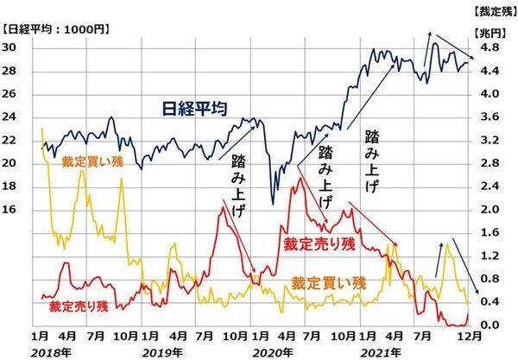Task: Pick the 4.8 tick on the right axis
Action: pyautogui.click(x=489, y=47)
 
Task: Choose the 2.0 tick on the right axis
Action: pyautogui.click(x=489, y=210)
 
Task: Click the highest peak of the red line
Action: pyautogui.click(x=297, y=177)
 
